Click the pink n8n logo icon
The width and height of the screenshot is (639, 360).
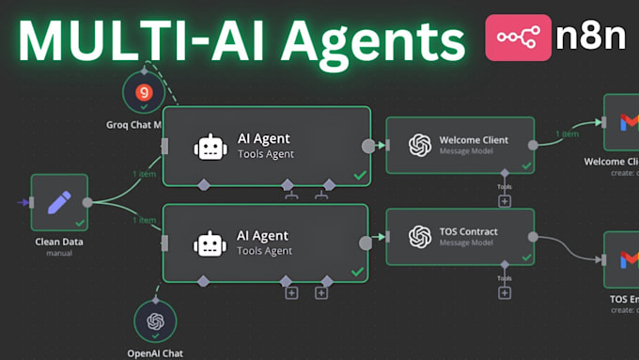pyautogui.click(x=518, y=39)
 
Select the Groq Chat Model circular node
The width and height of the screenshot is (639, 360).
pyautogui.click(x=143, y=93)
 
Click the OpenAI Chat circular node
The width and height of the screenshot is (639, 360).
pyautogui.click(x=156, y=321)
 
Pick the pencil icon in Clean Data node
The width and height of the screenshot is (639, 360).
pyautogui.click(x=59, y=202)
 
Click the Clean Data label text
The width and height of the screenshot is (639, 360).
pyautogui.click(x=59, y=241)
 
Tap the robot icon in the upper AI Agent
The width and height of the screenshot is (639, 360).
pyautogui.click(x=210, y=147)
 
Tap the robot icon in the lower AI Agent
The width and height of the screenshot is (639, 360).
pyautogui.click(x=210, y=243)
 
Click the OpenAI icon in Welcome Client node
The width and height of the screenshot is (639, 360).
pyautogui.click(x=420, y=146)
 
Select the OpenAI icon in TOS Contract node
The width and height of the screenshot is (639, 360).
pyautogui.click(x=420, y=237)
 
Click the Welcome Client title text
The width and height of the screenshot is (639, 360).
pyautogui.click(x=474, y=140)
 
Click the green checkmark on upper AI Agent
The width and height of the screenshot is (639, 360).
pyautogui.click(x=357, y=175)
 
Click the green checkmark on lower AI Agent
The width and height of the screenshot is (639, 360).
pyautogui.click(x=357, y=271)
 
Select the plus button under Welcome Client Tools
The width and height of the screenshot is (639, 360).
pyautogui.click(x=505, y=200)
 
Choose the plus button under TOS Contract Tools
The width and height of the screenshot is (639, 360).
pyautogui.click(x=505, y=292)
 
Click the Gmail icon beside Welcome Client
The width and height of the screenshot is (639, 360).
pyautogui.click(x=624, y=122)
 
